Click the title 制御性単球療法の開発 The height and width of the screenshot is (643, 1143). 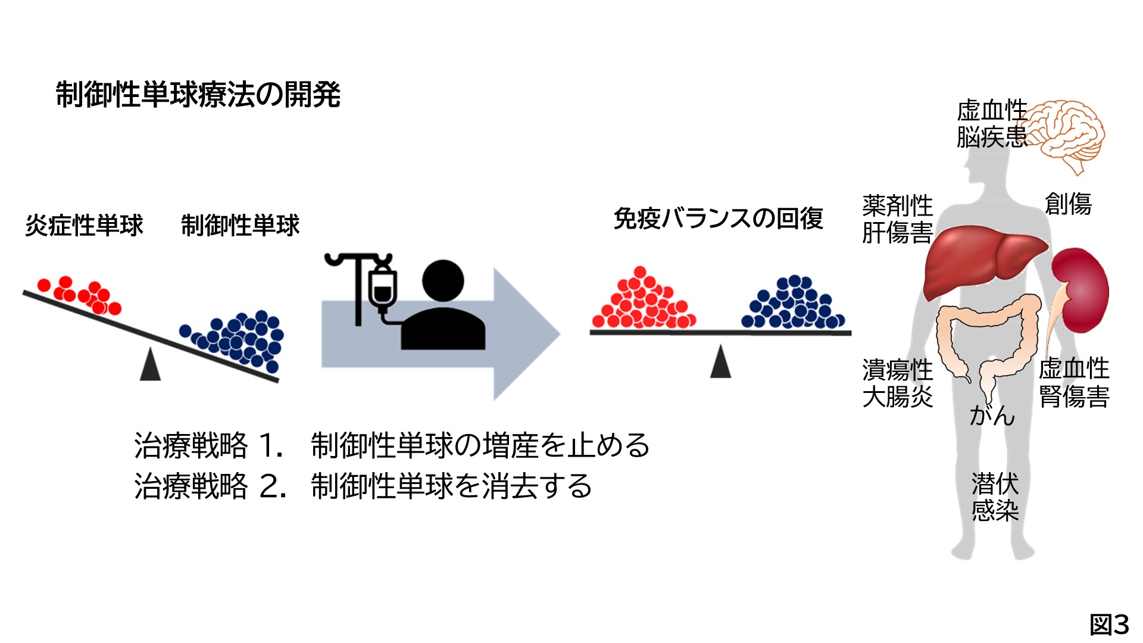coord(198,95)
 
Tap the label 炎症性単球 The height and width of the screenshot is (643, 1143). coord(84,226)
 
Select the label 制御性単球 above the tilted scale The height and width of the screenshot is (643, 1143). coord(240,226)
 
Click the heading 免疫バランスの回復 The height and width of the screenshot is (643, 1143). coord(718,219)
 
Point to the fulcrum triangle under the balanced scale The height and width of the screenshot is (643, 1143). coord(720,363)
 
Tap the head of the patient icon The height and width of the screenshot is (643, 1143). coord(443,280)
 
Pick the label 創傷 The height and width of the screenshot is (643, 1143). coord(1068,204)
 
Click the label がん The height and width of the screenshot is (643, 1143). coord(992,415)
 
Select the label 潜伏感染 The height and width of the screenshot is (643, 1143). coord(995,497)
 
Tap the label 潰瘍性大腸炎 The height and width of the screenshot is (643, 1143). coord(897,383)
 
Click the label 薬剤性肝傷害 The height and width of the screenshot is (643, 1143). coord(897,219)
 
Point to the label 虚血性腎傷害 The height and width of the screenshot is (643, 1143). coord(1074,382)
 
